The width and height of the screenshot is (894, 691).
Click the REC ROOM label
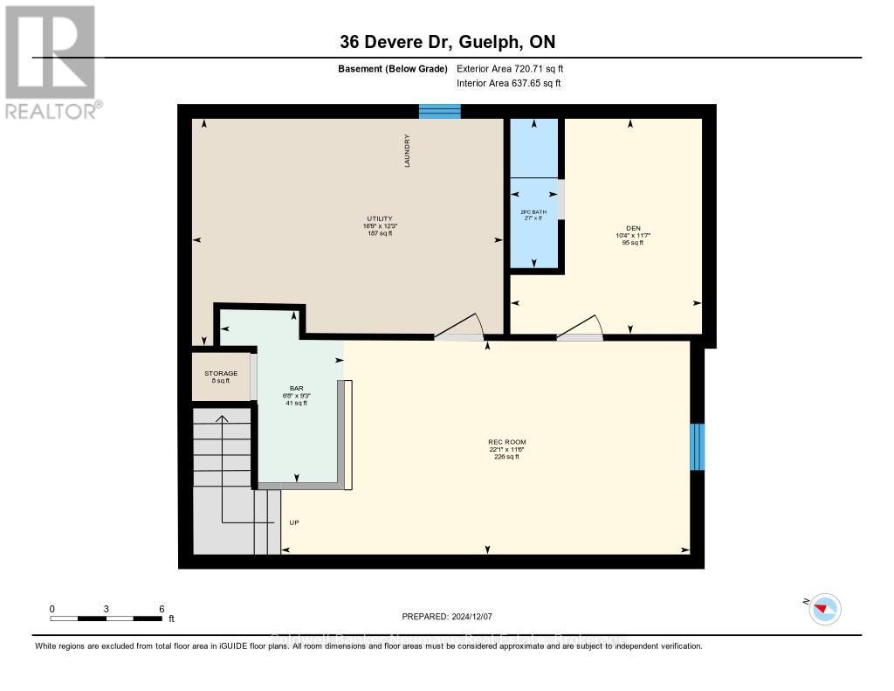click(506, 442)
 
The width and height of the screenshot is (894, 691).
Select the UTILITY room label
click(379, 218)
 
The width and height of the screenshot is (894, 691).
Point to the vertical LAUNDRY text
click(407, 151)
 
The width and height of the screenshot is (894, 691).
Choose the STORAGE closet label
click(221, 374)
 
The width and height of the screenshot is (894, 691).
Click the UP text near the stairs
click(294, 523)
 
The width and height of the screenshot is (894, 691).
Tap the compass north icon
click(824, 609)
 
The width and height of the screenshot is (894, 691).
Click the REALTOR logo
click(50, 62)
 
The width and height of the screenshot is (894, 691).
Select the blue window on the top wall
click(439, 111)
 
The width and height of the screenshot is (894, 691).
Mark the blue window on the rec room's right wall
click(697, 447)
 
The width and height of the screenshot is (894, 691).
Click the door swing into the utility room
click(460, 328)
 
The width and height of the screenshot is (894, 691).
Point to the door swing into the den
click(581, 328)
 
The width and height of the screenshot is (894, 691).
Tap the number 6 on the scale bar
click(161, 608)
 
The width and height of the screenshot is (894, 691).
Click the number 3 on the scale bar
click(106, 608)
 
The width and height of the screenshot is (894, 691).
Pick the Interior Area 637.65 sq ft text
click(509, 83)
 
